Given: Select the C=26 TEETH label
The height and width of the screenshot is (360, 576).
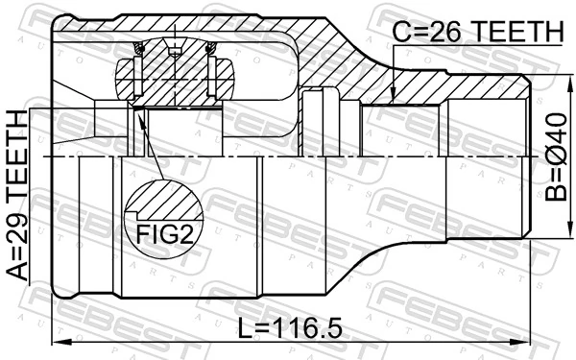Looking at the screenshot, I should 477,33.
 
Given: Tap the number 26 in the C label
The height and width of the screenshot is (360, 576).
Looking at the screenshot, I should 441,33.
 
